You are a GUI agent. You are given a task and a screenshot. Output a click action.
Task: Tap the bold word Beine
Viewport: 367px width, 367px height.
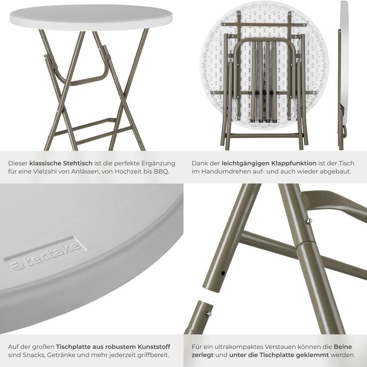[x=346, y=346]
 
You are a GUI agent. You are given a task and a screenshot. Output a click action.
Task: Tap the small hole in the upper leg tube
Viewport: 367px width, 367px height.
[x=223, y=273]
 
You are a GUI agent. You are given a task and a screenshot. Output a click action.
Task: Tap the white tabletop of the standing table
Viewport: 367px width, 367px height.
[x=91, y=17]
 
